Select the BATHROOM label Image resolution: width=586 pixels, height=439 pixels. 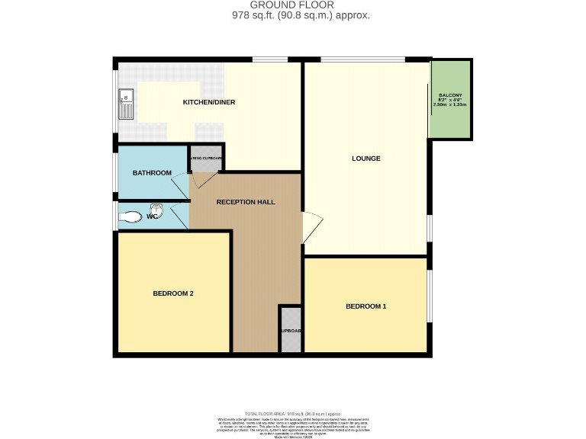[152, 173]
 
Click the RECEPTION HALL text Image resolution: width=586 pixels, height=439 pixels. [245, 202]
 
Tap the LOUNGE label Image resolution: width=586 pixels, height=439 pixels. [365, 159]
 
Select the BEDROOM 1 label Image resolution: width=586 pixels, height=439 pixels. [365, 306]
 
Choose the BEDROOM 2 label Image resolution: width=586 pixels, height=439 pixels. [173, 293]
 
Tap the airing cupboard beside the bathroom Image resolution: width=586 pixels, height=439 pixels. [206, 158]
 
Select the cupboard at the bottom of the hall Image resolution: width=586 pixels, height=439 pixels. [291, 329]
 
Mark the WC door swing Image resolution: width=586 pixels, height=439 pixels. [180, 216]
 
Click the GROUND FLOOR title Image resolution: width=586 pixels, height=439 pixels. [292, 5]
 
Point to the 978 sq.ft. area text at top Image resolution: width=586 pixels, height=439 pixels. [301, 15]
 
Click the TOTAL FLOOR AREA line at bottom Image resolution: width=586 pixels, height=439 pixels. [292, 412]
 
